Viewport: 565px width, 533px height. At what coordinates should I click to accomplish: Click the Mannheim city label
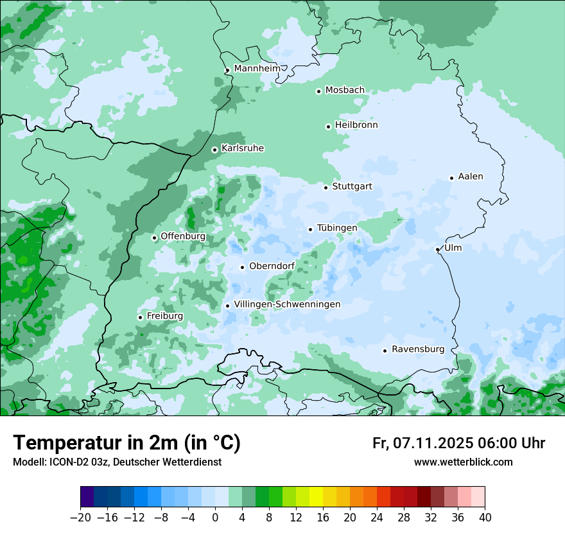pos(257,69)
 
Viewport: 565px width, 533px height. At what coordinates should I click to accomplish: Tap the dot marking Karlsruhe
pos(215,150)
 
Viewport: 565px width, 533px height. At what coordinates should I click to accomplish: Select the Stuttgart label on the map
pos(352,187)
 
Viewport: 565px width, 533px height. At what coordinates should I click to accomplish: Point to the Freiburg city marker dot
pos(140,317)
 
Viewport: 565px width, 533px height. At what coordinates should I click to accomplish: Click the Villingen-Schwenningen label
pos(287,304)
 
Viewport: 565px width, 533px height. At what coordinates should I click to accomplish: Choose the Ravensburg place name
pos(417,349)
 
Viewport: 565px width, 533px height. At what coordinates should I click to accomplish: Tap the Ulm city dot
pos(437,249)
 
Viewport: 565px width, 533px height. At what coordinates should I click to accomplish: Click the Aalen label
pos(471,177)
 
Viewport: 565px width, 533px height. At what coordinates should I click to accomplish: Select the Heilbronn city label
pos(356,125)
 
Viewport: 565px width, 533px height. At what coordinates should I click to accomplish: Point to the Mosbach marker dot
pos(318,91)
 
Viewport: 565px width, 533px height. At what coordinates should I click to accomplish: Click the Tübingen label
pos(337,228)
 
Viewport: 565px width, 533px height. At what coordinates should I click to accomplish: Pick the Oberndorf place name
pos(272,266)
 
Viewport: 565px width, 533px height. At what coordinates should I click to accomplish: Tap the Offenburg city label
pos(183,236)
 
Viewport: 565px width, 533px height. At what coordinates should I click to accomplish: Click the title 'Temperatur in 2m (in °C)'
pos(126,443)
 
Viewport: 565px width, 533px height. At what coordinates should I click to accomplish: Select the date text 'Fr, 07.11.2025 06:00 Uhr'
pos(458,443)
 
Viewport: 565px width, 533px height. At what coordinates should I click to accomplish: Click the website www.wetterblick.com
pos(463,462)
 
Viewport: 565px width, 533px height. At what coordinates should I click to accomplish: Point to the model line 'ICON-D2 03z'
pos(117,462)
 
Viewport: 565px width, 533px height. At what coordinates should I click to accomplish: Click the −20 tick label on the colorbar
pos(80,518)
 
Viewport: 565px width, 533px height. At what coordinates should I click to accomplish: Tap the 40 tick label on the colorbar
pos(485,518)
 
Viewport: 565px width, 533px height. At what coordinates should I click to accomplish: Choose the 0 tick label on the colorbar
pos(215,518)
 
